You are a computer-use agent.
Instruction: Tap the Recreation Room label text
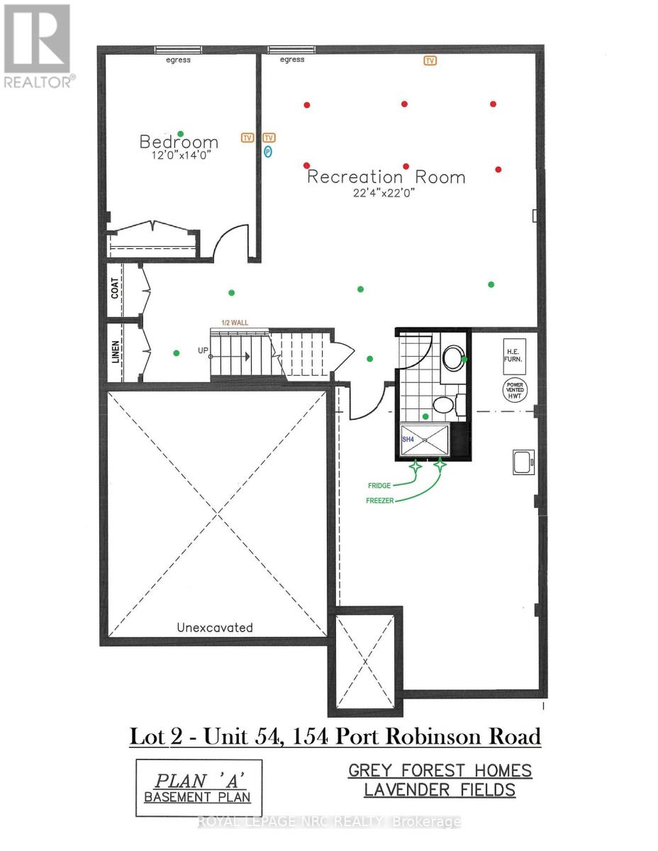click(386, 177)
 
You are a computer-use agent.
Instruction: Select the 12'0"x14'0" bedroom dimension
click(178, 155)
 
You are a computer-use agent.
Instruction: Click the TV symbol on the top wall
click(430, 61)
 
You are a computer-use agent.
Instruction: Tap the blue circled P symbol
click(268, 151)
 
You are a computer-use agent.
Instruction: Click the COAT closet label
click(116, 287)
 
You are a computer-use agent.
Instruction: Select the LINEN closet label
click(116, 352)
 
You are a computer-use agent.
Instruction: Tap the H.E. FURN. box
click(514, 355)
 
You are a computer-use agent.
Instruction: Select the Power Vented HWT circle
click(514, 389)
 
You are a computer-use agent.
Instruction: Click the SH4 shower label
click(408, 440)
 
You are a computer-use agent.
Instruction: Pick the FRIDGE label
click(379, 486)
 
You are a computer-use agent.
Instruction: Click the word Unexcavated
click(214, 628)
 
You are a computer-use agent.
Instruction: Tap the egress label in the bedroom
click(179, 60)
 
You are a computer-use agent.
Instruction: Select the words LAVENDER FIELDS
click(440, 790)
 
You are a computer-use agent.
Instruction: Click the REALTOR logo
click(37, 47)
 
